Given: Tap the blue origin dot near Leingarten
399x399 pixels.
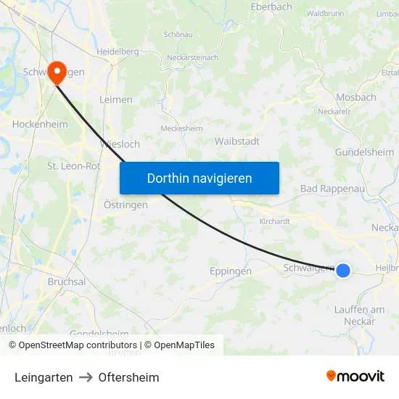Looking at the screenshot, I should pyautogui.click(x=343, y=271).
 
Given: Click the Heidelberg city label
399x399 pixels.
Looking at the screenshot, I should pyautogui.click(x=118, y=52).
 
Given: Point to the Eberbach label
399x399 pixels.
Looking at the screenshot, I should pyautogui.click(x=271, y=7).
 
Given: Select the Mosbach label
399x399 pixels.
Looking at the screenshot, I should pyautogui.click(x=356, y=97).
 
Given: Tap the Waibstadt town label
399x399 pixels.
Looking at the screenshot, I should pyautogui.click(x=237, y=141).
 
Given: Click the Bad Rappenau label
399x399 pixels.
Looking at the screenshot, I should pyautogui.click(x=331, y=189).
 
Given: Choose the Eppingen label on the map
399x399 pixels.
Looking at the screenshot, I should pyautogui.click(x=231, y=271).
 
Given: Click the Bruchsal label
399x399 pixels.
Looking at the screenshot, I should pyautogui.click(x=67, y=281).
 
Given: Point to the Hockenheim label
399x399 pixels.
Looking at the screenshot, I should pyautogui.click(x=40, y=124).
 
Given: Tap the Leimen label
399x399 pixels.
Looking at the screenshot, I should pyautogui.click(x=115, y=99).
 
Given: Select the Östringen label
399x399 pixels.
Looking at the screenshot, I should pyautogui.click(x=120, y=205).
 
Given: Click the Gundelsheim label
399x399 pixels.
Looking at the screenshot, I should pyautogui.click(x=364, y=152).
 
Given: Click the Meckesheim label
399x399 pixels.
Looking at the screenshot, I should pyautogui.click(x=181, y=128).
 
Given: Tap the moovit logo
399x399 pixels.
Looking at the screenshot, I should pyautogui.click(x=355, y=377).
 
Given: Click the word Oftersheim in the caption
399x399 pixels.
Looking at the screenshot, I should pyautogui.click(x=129, y=377).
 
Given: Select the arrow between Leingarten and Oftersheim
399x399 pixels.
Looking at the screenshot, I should pyautogui.click(x=86, y=377).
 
